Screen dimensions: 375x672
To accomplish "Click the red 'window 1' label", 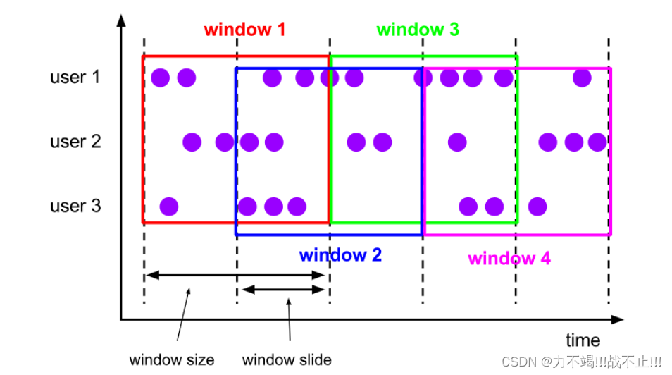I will (244, 30).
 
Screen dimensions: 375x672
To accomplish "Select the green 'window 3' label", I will (418, 30).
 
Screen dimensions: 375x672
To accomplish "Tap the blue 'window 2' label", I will (340, 255).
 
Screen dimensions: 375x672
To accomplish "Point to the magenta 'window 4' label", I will (509, 258).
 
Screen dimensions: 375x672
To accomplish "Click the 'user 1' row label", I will (75, 77).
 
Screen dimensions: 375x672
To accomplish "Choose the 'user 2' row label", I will (75, 142).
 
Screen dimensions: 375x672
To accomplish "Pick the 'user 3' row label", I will (75, 207).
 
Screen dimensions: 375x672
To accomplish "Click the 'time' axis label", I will (583, 341).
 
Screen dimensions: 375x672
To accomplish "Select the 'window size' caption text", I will (172, 359).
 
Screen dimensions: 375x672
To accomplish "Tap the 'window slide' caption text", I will (287, 359).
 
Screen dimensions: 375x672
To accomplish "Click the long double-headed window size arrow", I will (235, 275).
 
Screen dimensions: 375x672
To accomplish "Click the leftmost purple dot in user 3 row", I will (169, 207).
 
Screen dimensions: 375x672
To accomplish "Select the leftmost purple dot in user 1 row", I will (161, 78).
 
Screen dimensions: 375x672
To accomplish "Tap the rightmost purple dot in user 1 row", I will (582, 78).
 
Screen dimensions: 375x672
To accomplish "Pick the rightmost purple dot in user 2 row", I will (597, 142).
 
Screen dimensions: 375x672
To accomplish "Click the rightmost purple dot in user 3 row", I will (537, 207).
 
